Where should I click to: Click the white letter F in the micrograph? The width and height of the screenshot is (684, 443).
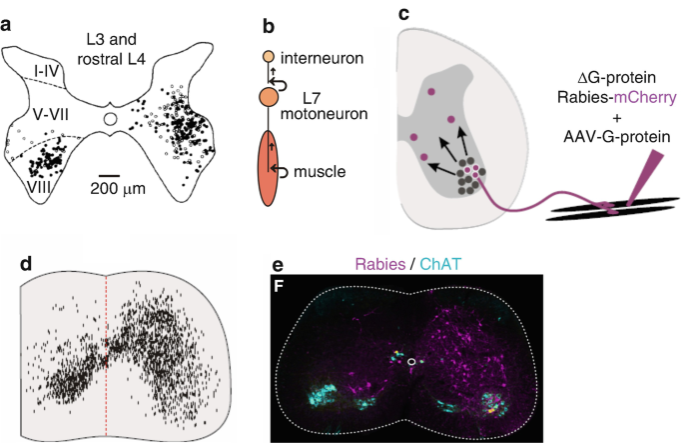click(282, 285)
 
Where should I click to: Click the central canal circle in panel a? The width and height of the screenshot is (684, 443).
click(112, 121)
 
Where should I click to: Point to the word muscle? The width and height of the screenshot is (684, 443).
click(320, 172)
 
